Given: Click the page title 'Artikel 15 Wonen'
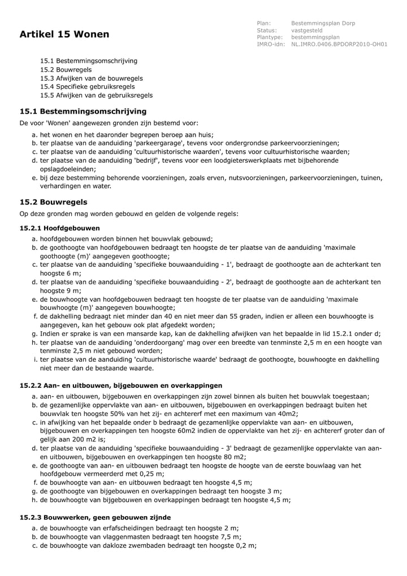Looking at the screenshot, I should point(64,34).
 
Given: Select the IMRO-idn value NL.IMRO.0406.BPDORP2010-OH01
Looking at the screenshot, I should point(339,44).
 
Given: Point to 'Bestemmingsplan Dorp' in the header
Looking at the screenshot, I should point(323,23).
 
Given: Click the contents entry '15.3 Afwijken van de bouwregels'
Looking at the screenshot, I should point(92,78).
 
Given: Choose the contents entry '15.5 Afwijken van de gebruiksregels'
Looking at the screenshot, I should point(96,95).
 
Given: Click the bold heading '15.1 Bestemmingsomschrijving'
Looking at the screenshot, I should point(83,111).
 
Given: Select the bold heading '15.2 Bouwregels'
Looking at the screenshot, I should point(54,202).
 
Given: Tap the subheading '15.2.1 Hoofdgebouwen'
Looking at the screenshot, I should point(60,228).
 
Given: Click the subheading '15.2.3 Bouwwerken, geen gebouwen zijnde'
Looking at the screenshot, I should point(95,517).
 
